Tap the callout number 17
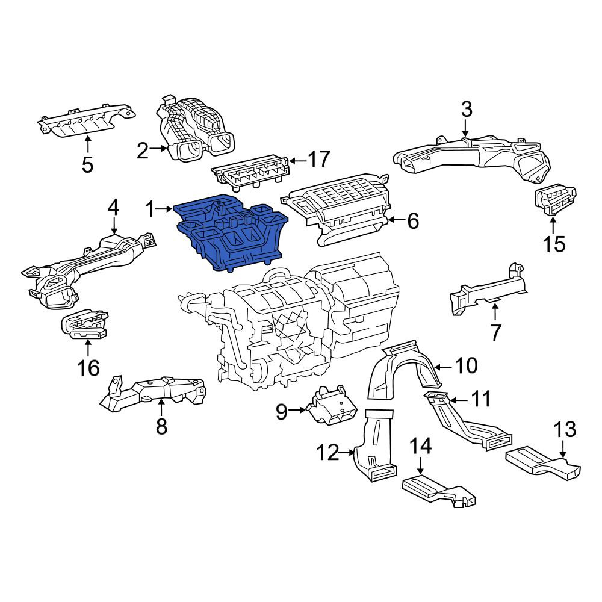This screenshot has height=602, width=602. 319,159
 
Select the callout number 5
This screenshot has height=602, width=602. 87,165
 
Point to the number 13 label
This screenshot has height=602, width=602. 565,429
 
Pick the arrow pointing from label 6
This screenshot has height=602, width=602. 397,220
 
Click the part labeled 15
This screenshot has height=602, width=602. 555,201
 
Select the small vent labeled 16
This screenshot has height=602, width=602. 84,325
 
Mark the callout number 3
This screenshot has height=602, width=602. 466,110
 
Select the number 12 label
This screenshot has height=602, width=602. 327,453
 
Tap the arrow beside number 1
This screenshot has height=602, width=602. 164,209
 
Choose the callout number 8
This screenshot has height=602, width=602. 161,426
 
